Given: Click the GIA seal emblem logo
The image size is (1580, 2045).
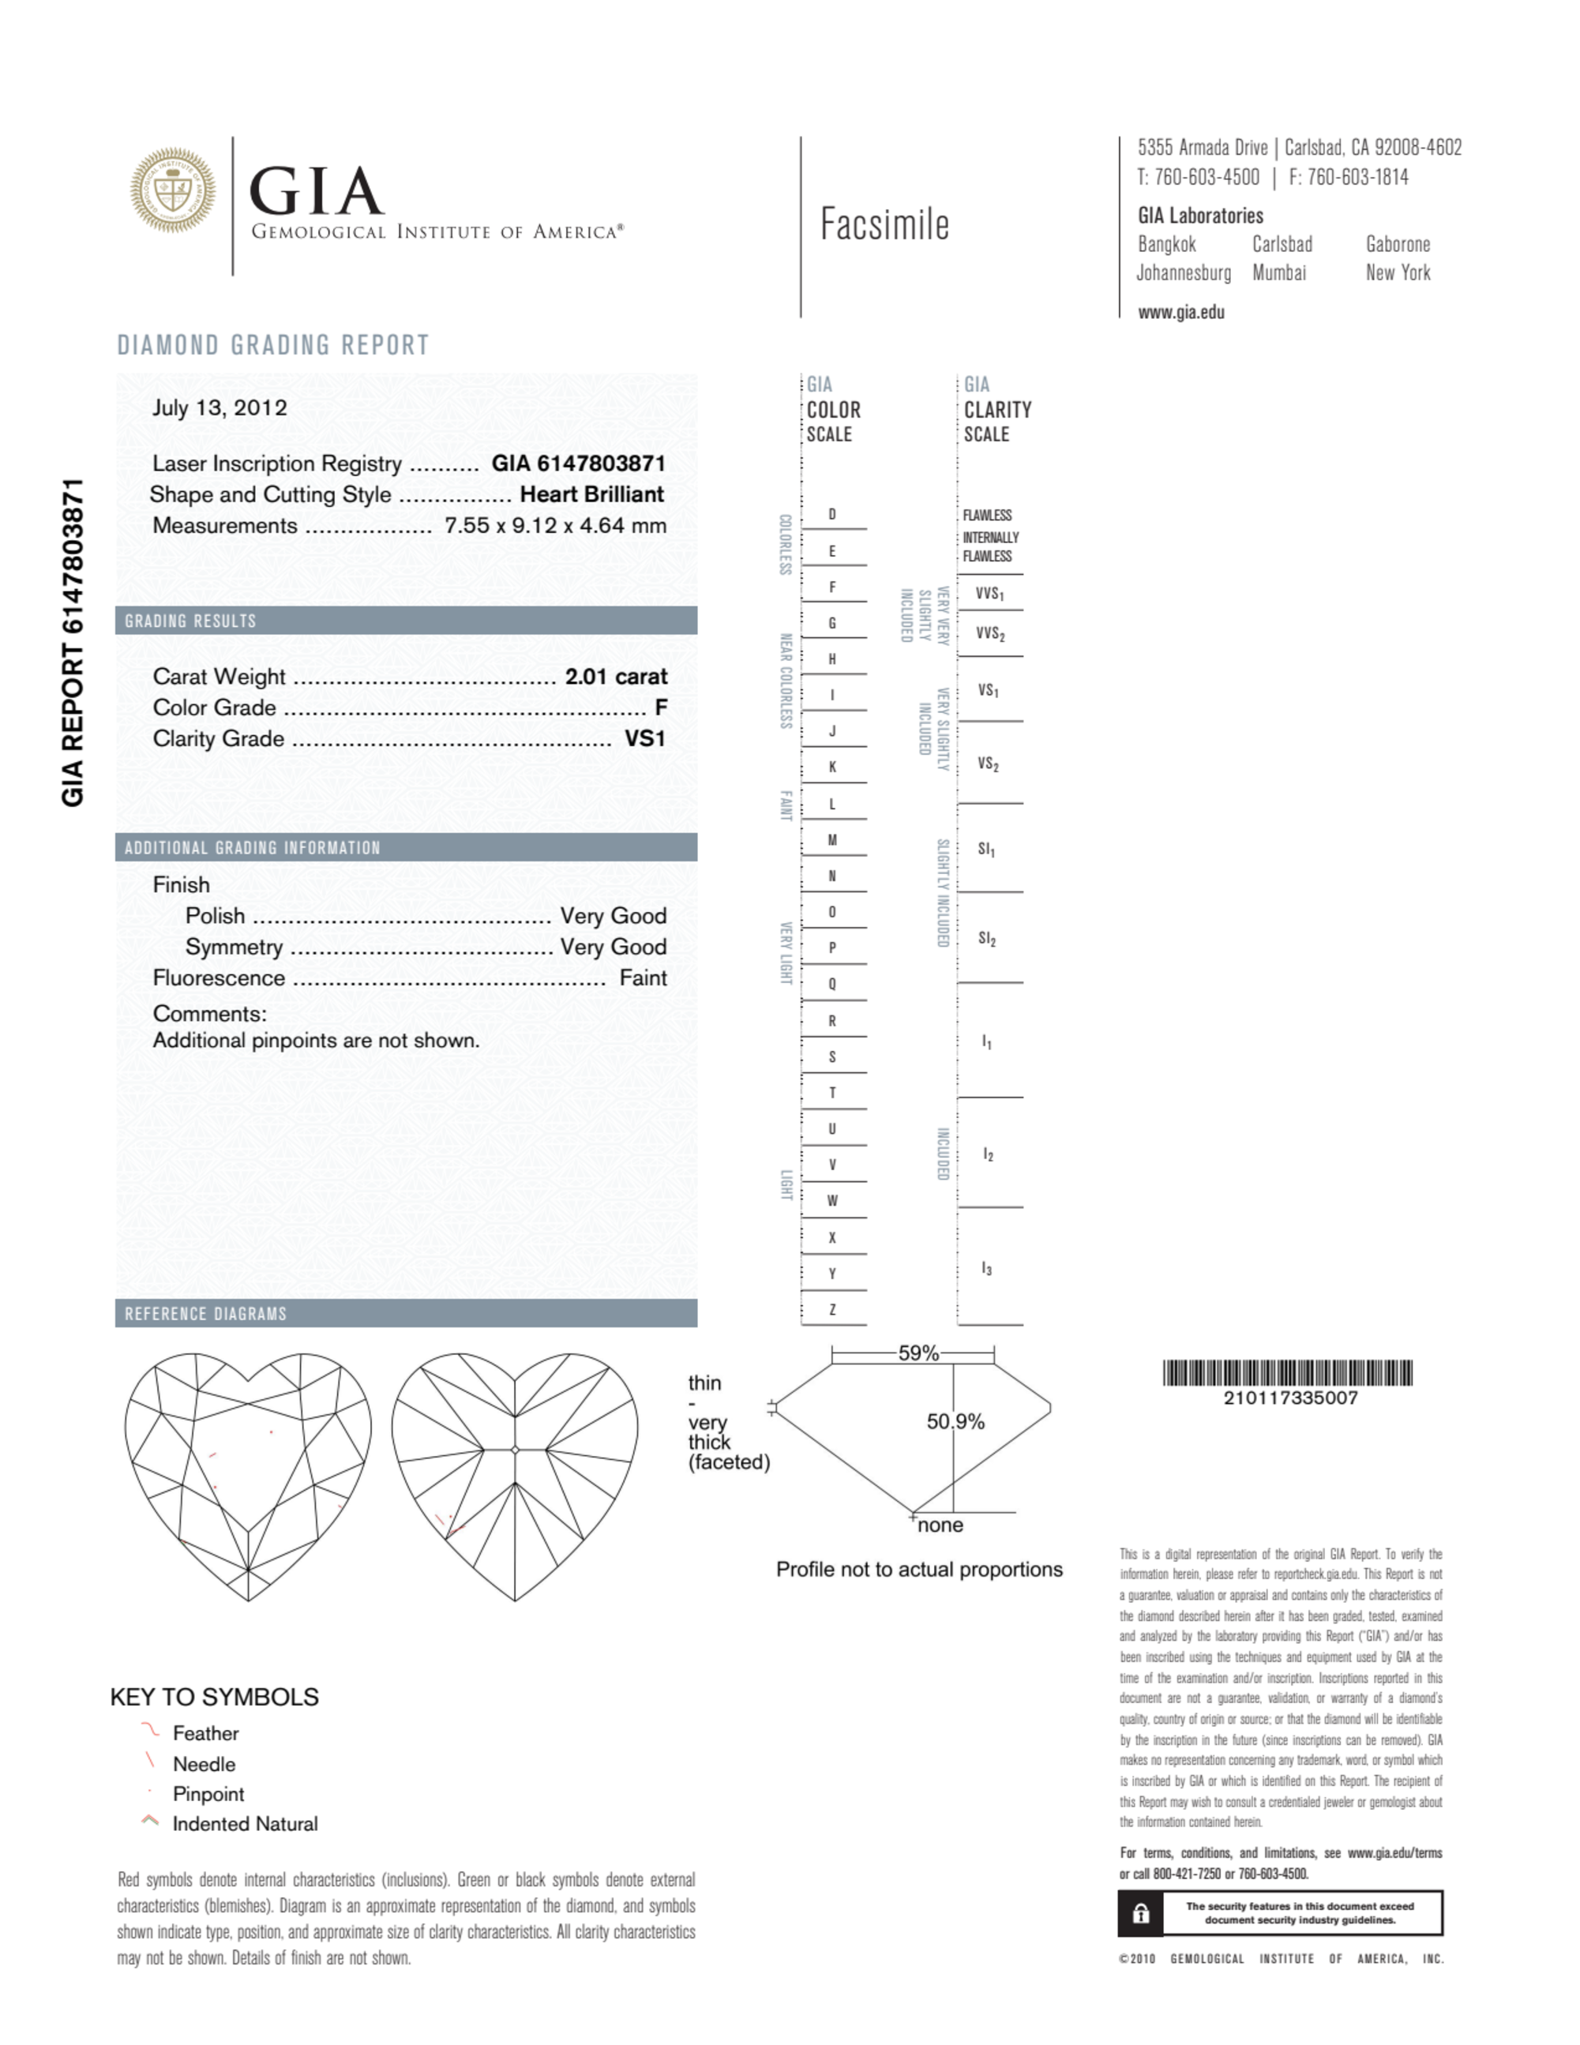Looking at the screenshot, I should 172,190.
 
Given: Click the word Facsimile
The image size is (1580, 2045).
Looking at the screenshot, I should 884,225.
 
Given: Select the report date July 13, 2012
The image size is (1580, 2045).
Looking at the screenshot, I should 220,407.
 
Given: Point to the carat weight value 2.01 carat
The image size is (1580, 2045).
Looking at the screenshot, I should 615,676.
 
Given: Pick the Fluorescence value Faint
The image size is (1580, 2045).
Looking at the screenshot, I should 643,977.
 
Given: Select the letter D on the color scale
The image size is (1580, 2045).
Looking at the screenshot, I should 831,514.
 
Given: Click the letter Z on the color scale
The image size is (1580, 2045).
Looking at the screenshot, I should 831,1309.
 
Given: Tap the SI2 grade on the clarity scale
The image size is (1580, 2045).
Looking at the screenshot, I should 987,938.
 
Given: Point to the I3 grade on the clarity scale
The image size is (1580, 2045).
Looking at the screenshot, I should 987,1268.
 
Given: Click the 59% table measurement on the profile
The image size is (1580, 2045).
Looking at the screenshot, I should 918,1353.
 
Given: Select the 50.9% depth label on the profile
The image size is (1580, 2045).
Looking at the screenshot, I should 955,1421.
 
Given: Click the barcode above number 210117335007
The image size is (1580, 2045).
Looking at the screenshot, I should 1288,1373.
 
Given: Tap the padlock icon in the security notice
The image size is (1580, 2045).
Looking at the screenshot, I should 1141,1913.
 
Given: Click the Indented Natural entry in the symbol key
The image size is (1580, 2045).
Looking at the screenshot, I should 245,1823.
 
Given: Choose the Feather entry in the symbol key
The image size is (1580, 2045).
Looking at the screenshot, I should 205,1733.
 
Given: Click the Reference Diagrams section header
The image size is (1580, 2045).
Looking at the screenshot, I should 206,1314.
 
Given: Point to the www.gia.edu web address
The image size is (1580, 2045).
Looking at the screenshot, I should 1181,313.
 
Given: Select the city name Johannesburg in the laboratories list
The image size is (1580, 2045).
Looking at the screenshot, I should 1184,272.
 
